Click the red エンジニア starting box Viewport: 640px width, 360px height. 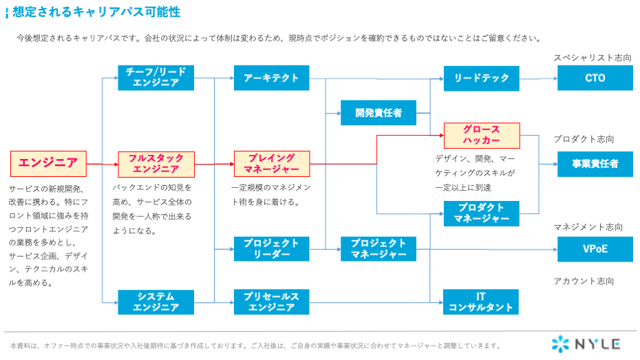(x=48, y=164)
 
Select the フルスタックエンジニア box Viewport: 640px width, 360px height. (x=156, y=164)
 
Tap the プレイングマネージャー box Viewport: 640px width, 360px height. (x=272, y=164)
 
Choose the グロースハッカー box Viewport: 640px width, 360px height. (x=482, y=136)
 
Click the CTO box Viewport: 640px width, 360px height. (x=595, y=78)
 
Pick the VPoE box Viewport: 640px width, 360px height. (x=595, y=249)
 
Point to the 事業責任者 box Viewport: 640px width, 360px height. (x=595, y=164)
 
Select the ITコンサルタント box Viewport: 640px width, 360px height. (x=481, y=302)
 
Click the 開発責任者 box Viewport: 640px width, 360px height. (x=378, y=113)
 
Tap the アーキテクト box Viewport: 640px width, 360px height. (x=271, y=78)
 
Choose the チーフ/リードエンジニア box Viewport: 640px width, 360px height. (x=156, y=78)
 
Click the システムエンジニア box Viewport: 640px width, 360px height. (x=156, y=302)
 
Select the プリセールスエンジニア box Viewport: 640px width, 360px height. (x=271, y=302)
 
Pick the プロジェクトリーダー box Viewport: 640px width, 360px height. (x=271, y=248)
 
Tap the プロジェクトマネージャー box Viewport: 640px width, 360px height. (x=378, y=248)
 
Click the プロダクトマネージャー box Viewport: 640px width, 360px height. (x=482, y=213)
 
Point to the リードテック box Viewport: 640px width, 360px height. (x=482, y=78)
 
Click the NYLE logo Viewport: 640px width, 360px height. (x=586, y=344)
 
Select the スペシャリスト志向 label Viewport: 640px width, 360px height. (x=593, y=58)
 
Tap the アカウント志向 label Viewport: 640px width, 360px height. (x=584, y=282)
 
